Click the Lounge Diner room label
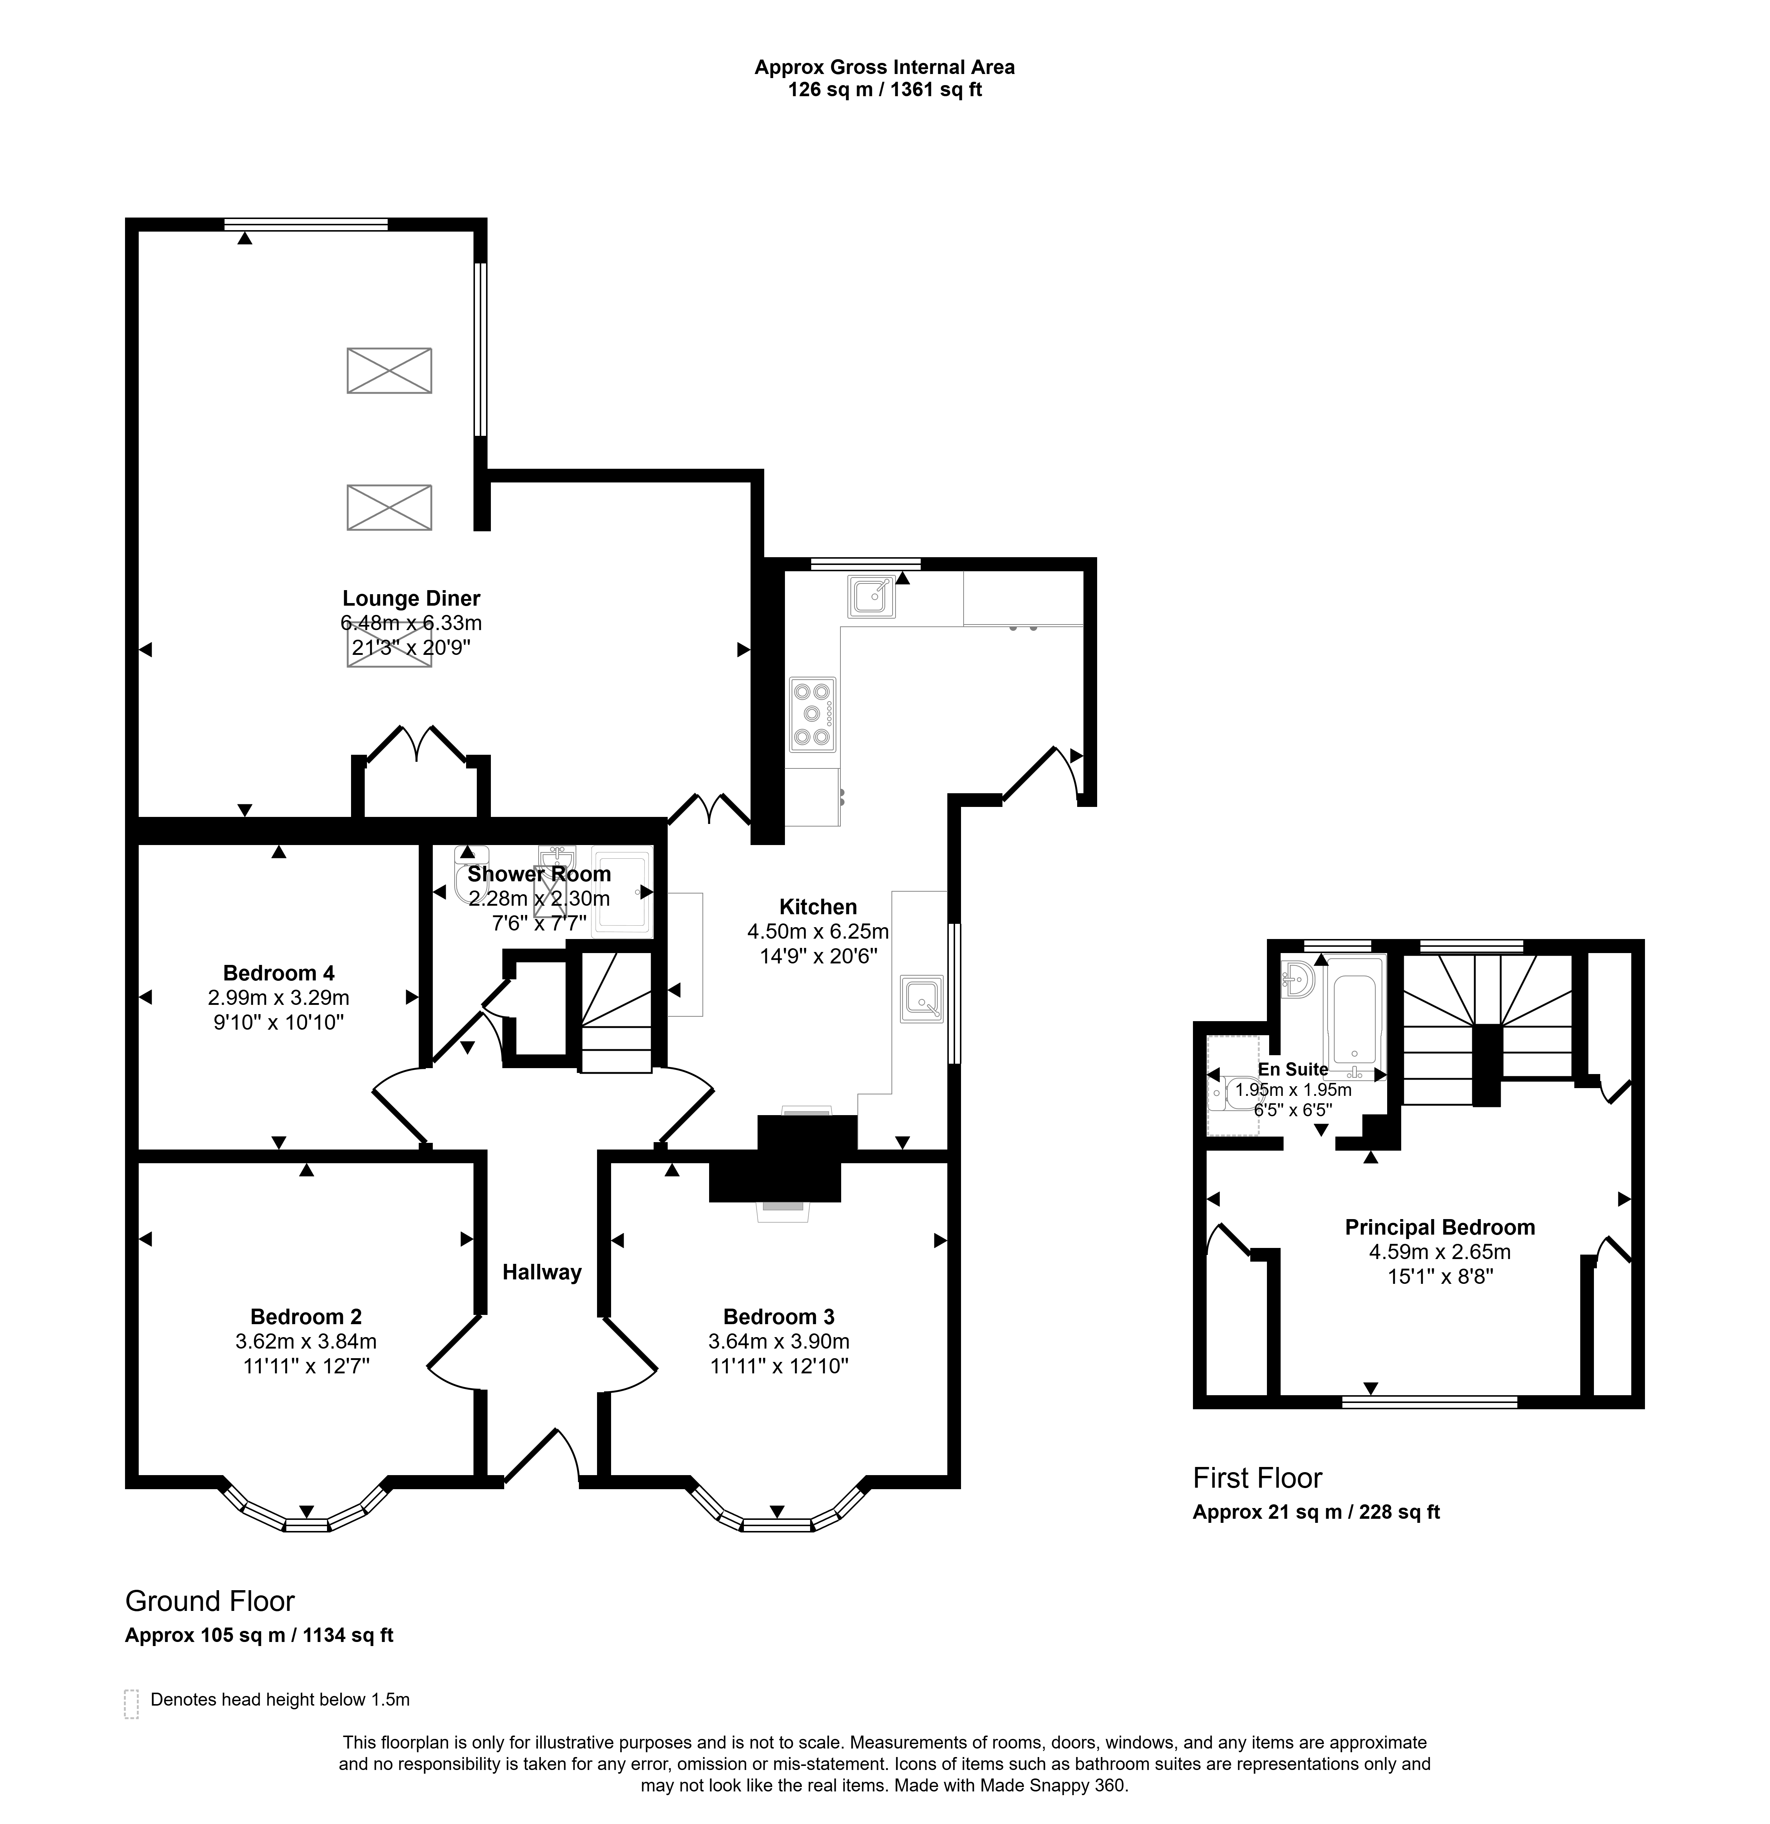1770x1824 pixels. tap(411, 598)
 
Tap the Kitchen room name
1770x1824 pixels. tap(818, 906)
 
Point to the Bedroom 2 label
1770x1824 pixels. tap(306, 1317)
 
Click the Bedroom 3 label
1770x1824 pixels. tap(779, 1317)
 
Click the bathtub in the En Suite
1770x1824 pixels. tap(1355, 1016)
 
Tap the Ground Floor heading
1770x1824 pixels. tap(210, 1601)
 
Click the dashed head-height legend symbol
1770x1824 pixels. tap(131, 1704)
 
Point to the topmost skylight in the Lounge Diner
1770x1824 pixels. tap(389, 370)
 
